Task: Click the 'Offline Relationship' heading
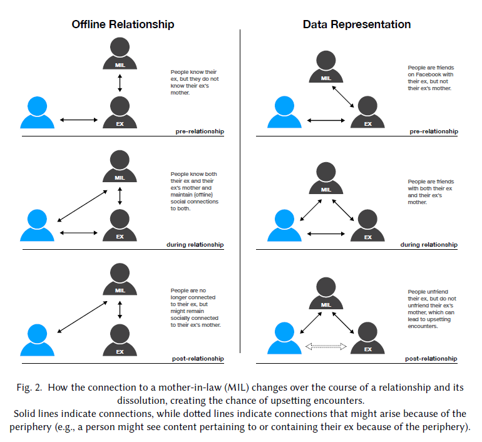123,24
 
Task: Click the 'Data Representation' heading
357,24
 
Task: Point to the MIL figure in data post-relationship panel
325,295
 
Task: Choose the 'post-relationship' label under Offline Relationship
198,359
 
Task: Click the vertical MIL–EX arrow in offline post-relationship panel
120,311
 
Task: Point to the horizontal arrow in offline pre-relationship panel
78,120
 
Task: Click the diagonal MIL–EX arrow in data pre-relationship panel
345,97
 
